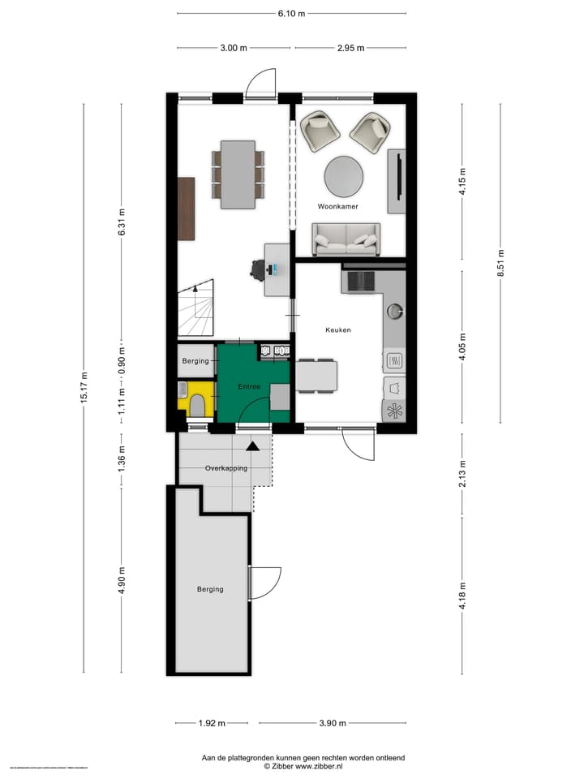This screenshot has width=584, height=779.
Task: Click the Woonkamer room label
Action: (338, 207)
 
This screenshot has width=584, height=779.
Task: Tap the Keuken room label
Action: (337, 330)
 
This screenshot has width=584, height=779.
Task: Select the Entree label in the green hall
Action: (249, 387)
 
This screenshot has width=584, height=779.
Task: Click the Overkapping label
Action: (225, 468)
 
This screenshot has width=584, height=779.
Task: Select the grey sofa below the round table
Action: (346, 239)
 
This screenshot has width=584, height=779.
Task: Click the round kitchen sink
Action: (395, 309)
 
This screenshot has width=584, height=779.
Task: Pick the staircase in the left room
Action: (196, 308)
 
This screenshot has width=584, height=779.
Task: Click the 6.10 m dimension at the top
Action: (291, 14)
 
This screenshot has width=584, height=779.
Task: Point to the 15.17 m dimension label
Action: (84, 388)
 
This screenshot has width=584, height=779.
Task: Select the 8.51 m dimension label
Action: (500, 263)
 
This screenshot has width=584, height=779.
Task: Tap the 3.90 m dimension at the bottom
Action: (333, 723)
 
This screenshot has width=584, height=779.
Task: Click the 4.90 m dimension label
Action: (122, 580)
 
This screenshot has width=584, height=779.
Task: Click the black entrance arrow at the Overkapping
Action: (253, 445)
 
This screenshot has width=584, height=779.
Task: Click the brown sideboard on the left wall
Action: (187, 209)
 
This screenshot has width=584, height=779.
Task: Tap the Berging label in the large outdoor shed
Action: (210, 589)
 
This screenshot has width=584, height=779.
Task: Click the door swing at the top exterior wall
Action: (261, 84)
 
